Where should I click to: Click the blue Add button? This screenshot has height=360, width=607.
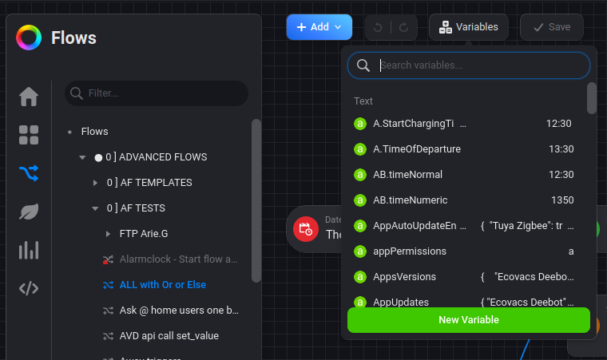coord(319,27)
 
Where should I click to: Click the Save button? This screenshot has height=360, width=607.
coord(551,27)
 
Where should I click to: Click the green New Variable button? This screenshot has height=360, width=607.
coord(469,320)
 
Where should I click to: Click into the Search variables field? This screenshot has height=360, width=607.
coord(479,65)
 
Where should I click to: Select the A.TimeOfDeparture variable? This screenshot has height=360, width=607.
coord(417,149)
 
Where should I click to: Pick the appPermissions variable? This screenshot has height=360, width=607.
coord(410,251)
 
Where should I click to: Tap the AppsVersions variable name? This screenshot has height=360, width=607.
coord(404,277)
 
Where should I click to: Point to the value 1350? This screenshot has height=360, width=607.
coord(562,200)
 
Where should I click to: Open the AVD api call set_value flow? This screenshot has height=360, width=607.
coord(169,336)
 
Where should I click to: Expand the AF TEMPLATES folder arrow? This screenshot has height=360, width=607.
coord(95,183)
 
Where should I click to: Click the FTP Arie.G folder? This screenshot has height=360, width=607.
coord(144,234)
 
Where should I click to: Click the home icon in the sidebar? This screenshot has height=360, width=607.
coord(29,97)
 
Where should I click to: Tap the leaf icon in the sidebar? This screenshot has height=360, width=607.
coord(29,212)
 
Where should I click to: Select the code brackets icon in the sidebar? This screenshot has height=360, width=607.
coord(29,288)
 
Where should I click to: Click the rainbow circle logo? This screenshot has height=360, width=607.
coord(29,38)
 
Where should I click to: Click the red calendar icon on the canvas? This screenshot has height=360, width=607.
coord(305,229)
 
